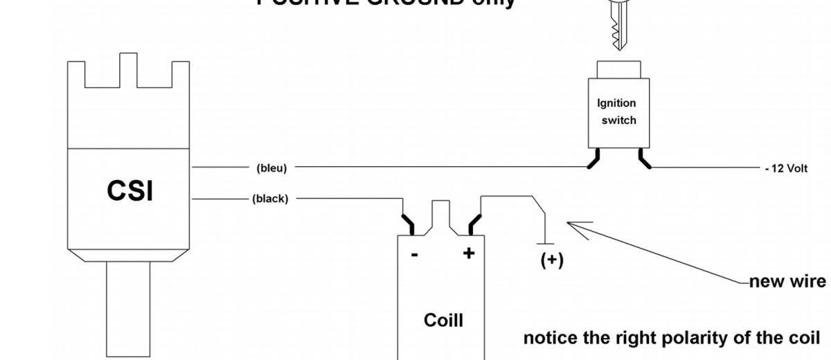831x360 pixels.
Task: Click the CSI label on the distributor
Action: click(129, 192)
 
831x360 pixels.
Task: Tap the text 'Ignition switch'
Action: click(617, 111)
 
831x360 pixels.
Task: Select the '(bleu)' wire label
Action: click(271, 168)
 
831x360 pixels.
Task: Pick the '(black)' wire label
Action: click(271, 199)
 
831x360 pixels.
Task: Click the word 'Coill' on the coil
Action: click(443, 321)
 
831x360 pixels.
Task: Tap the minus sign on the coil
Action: click(414, 255)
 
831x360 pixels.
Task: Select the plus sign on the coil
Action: click(470, 253)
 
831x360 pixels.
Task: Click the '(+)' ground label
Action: click(551, 260)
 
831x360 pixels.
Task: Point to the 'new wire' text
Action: click(787, 282)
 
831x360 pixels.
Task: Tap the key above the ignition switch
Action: click(618, 24)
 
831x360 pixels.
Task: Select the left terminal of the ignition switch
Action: click(594, 160)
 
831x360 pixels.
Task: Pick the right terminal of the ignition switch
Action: click(643, 160)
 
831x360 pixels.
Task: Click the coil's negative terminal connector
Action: click(409, 224)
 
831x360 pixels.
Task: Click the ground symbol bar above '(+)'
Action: click(546, 244)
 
